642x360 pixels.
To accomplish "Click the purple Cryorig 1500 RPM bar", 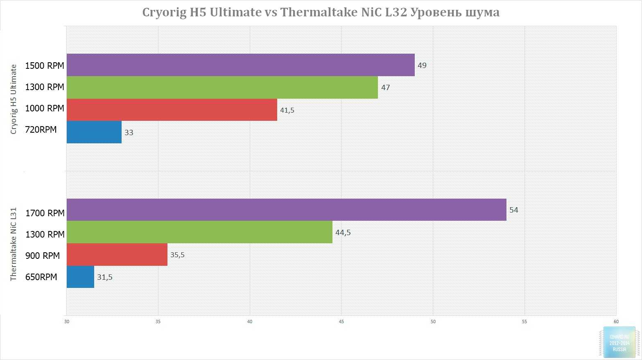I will pyautogui.click(x=240, y=65).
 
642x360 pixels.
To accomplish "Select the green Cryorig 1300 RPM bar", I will pyautogui.click(x=222, y=87).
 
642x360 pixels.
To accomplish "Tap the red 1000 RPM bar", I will pyautogui.click(x=172, y=110).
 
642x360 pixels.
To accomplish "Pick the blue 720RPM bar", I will pyautogui.click(x=94, y=132).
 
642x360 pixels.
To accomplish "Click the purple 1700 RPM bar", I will pyautogui.click(x=286, y=210).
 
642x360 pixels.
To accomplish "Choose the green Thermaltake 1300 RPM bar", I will pyautogui.click(x=199, y=232).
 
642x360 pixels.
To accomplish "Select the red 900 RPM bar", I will pyautogui.click(x=117, y=254).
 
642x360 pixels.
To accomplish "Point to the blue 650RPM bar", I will pyautogui.click(x=80, y=277).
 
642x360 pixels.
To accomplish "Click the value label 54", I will pyautogui.click(x=513, y=210).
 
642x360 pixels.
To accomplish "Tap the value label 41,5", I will pyautogui.click(x=287, y=110).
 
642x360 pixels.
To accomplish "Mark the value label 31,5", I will pyautogui.click(x=105, y=277).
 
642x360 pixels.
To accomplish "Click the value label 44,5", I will pyautogui.click(x=343, y=233).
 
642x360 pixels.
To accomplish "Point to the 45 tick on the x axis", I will pyautogui.click(x=341, y=322).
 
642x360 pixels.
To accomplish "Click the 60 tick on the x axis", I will pyautogui.click(x=616, y=322).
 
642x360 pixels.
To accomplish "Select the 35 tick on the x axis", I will pyautogui.click(x=158, y=322).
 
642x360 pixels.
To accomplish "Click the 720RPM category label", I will pyautogui.click(x=41, y=130).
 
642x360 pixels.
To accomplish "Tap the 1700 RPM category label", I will pyautogui.click(x=45, y=213).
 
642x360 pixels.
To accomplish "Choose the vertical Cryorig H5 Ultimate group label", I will pyautogui.click(x=14, y=99).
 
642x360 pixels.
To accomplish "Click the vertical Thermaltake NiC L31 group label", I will pyautogui.click(x=14, y=244).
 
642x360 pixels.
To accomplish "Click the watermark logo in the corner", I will pyautogui.click(x=619, y=342).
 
